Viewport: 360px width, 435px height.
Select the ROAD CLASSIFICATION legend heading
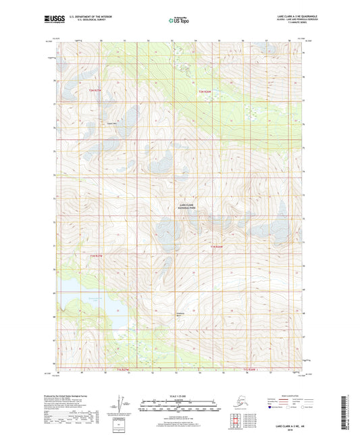284,395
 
